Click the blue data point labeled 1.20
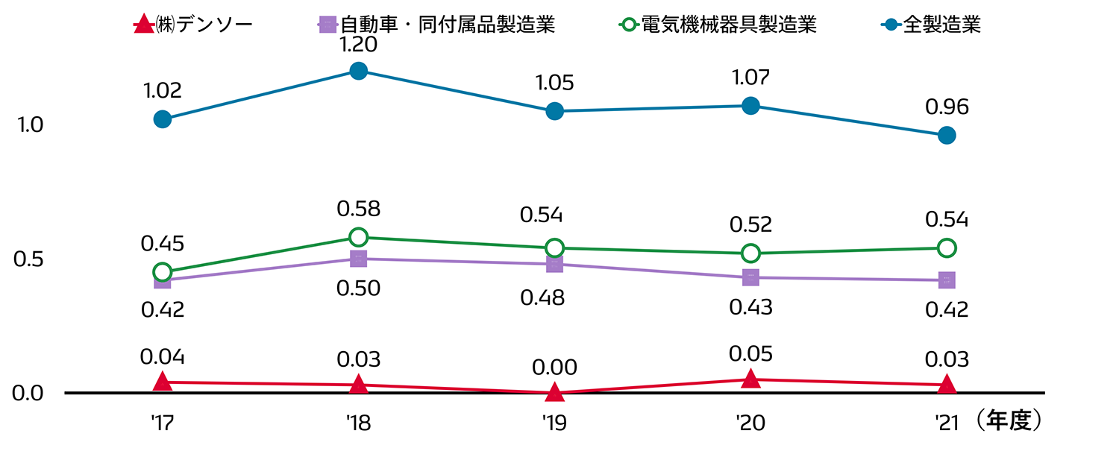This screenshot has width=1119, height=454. [358, 71]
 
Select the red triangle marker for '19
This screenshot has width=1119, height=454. [554, 391]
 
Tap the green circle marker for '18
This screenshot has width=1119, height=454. [358, 237]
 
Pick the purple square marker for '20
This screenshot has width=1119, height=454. [750, 277]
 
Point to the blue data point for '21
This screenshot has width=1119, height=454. [947, 135]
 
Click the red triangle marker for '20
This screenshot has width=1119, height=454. [750, 379]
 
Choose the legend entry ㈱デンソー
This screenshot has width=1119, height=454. [192, 25]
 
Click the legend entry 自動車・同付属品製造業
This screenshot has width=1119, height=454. [436, 25]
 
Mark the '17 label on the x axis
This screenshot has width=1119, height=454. [162, 423]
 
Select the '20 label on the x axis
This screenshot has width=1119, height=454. [750, 423]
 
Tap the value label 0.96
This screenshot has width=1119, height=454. [947, 107]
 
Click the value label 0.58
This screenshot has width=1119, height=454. [358, 209]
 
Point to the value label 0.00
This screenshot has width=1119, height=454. [554, 367]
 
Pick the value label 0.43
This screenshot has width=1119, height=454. [750, 306]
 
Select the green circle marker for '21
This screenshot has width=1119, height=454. [947, 248]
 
